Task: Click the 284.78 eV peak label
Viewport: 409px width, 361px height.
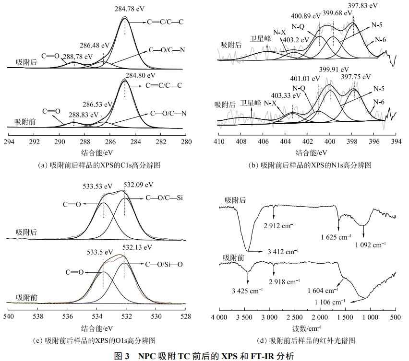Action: point(125,9)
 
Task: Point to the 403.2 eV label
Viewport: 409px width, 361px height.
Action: point(296,40)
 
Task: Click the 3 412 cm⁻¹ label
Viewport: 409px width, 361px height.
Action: point(283,251)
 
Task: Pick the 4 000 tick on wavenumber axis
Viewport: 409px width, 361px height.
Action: point(219,317)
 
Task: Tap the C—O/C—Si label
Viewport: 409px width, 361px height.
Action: point(166,198)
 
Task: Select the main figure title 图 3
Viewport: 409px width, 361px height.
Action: point(204,355)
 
